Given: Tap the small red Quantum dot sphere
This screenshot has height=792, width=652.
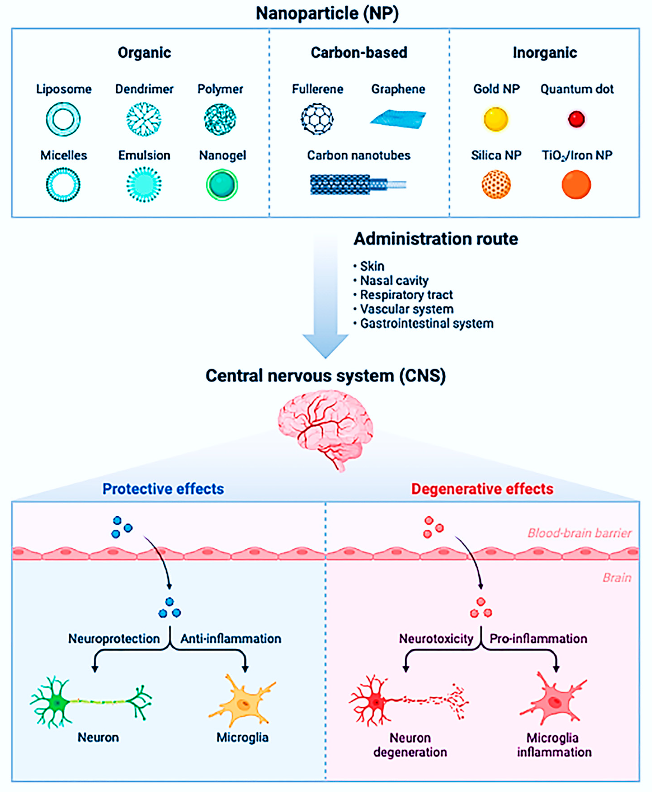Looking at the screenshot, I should click(576, 119).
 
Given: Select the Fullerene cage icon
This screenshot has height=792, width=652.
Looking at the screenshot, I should click(317, 119).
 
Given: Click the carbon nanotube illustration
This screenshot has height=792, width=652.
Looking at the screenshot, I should click(357, 185).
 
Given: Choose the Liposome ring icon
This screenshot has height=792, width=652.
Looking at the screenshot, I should click(63, 119).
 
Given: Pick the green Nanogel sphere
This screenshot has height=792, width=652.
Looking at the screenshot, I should click(222, 185).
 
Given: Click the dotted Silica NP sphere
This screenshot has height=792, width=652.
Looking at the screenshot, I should click(496, 185).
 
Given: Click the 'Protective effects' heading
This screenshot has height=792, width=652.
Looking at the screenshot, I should click(163, 489).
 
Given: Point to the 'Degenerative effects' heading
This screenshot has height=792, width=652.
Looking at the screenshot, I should click(482, 489).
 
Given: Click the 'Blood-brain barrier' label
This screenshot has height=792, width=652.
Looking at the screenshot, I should click(579, 533).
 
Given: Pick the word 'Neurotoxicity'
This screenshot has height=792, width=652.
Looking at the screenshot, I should click(436, 639).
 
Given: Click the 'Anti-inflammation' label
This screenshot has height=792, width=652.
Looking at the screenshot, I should click(231, 639).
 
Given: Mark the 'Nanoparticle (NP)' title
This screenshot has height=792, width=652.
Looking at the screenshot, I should click(327, 14).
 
